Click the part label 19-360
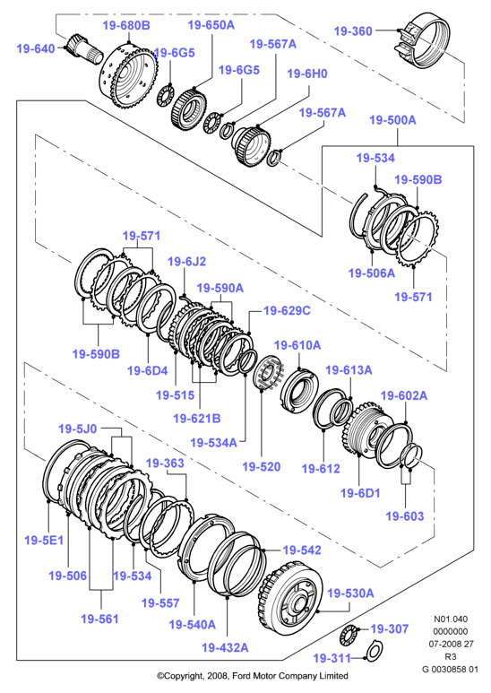click(353, 31)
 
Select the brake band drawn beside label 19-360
click(423, 39)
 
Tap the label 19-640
click(36, 48)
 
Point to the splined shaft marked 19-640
click(85, 51)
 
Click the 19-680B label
click(126, 25)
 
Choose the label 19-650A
click(211, 25)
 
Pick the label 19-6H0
click(307, 74)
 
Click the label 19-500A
click(392, 120)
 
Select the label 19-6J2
click(186, 261)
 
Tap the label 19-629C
click(287, 310)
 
